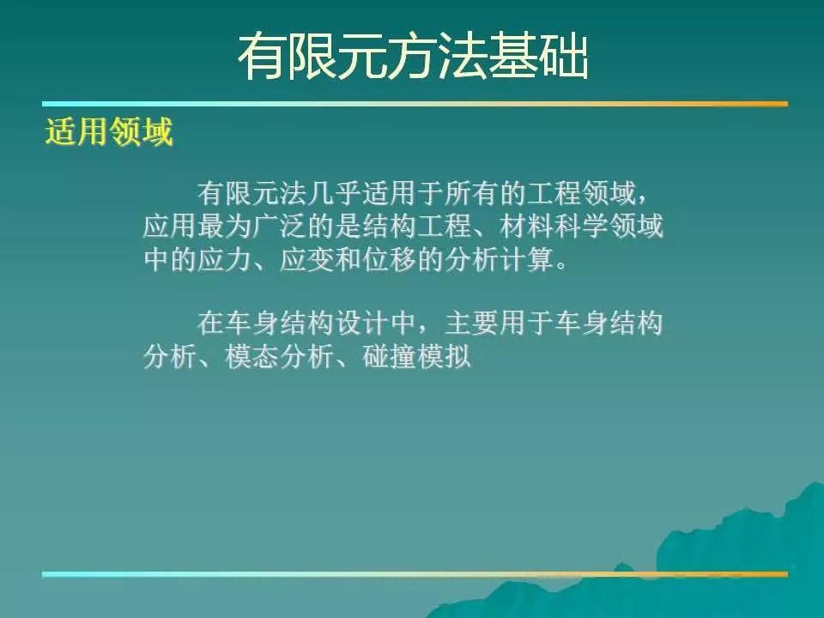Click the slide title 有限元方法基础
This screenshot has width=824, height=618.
coord(413,58)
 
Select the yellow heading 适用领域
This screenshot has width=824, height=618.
coord(109,131)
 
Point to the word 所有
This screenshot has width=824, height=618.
coord(471,193)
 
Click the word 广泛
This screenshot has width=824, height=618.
coord(280,226)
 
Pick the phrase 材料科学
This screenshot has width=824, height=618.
coord(554,226)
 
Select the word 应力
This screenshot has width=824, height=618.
coord(225,259)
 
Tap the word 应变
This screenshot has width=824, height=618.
coord(307,259)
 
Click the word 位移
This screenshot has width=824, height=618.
coord(390,259)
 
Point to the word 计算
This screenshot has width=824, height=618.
coord(526,259)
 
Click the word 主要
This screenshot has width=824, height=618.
coord(471,324)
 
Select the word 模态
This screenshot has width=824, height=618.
coord(252,357)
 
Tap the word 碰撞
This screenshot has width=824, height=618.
coord(390,357)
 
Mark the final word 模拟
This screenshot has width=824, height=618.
coord(444,357)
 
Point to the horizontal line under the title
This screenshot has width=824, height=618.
coord(415,104)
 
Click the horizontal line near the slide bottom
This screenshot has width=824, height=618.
coord(415,574)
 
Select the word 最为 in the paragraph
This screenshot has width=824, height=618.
coord(225,226)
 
